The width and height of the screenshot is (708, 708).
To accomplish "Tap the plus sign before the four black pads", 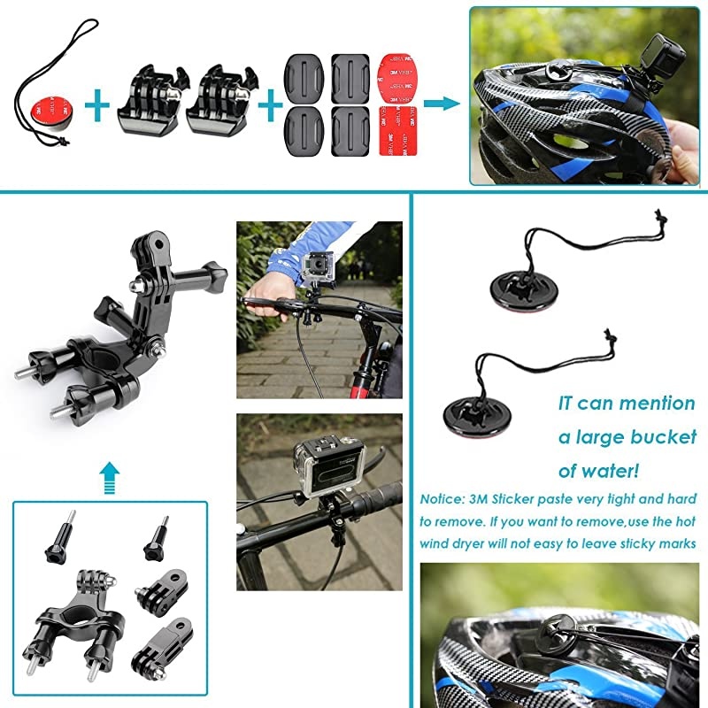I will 264,107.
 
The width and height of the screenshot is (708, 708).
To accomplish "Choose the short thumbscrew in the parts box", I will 158,535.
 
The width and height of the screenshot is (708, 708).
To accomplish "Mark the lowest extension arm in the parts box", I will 158,648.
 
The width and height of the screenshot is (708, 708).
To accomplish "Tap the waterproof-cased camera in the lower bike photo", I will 328,466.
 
